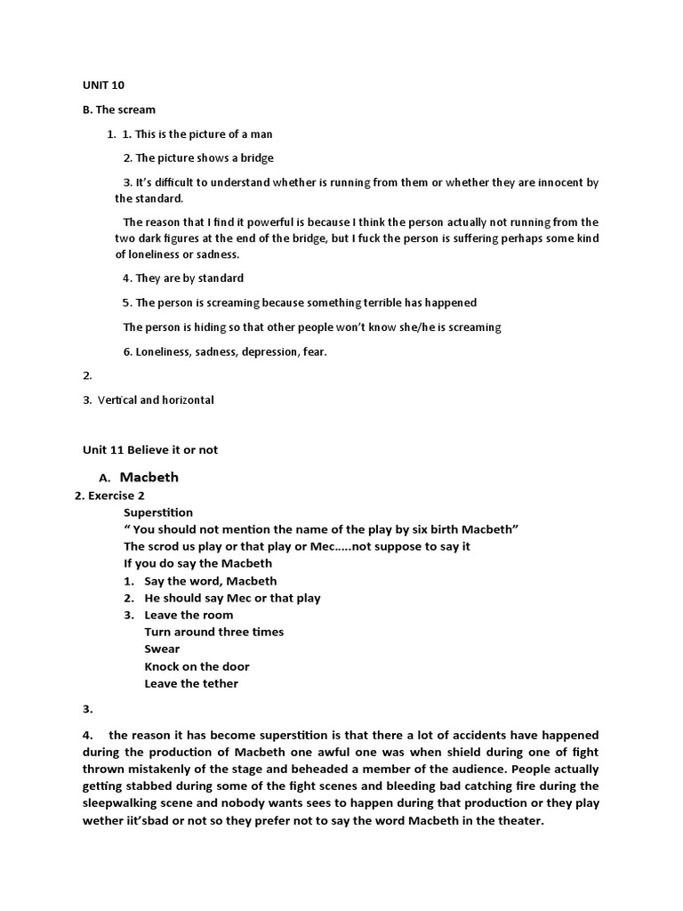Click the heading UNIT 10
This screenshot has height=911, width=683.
pos(104,85)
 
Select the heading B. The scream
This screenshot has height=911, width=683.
pos(119,109)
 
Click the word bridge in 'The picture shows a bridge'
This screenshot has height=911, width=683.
pos(255,157)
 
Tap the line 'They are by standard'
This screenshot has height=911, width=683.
pos(183,278)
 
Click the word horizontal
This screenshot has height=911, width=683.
pos(185,399)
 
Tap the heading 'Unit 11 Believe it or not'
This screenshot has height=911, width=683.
pos(150,449)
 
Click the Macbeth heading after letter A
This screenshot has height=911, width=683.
pos(149,477)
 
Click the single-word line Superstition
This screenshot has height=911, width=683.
pos(158,512)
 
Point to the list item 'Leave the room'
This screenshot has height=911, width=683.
pos(189,615)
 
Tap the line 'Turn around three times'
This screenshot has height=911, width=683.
pos(214,632)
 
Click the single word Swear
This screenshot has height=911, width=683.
pos(162,649)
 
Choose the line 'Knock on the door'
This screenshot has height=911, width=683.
pos(197,666)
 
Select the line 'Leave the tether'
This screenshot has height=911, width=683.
pos(191,683)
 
